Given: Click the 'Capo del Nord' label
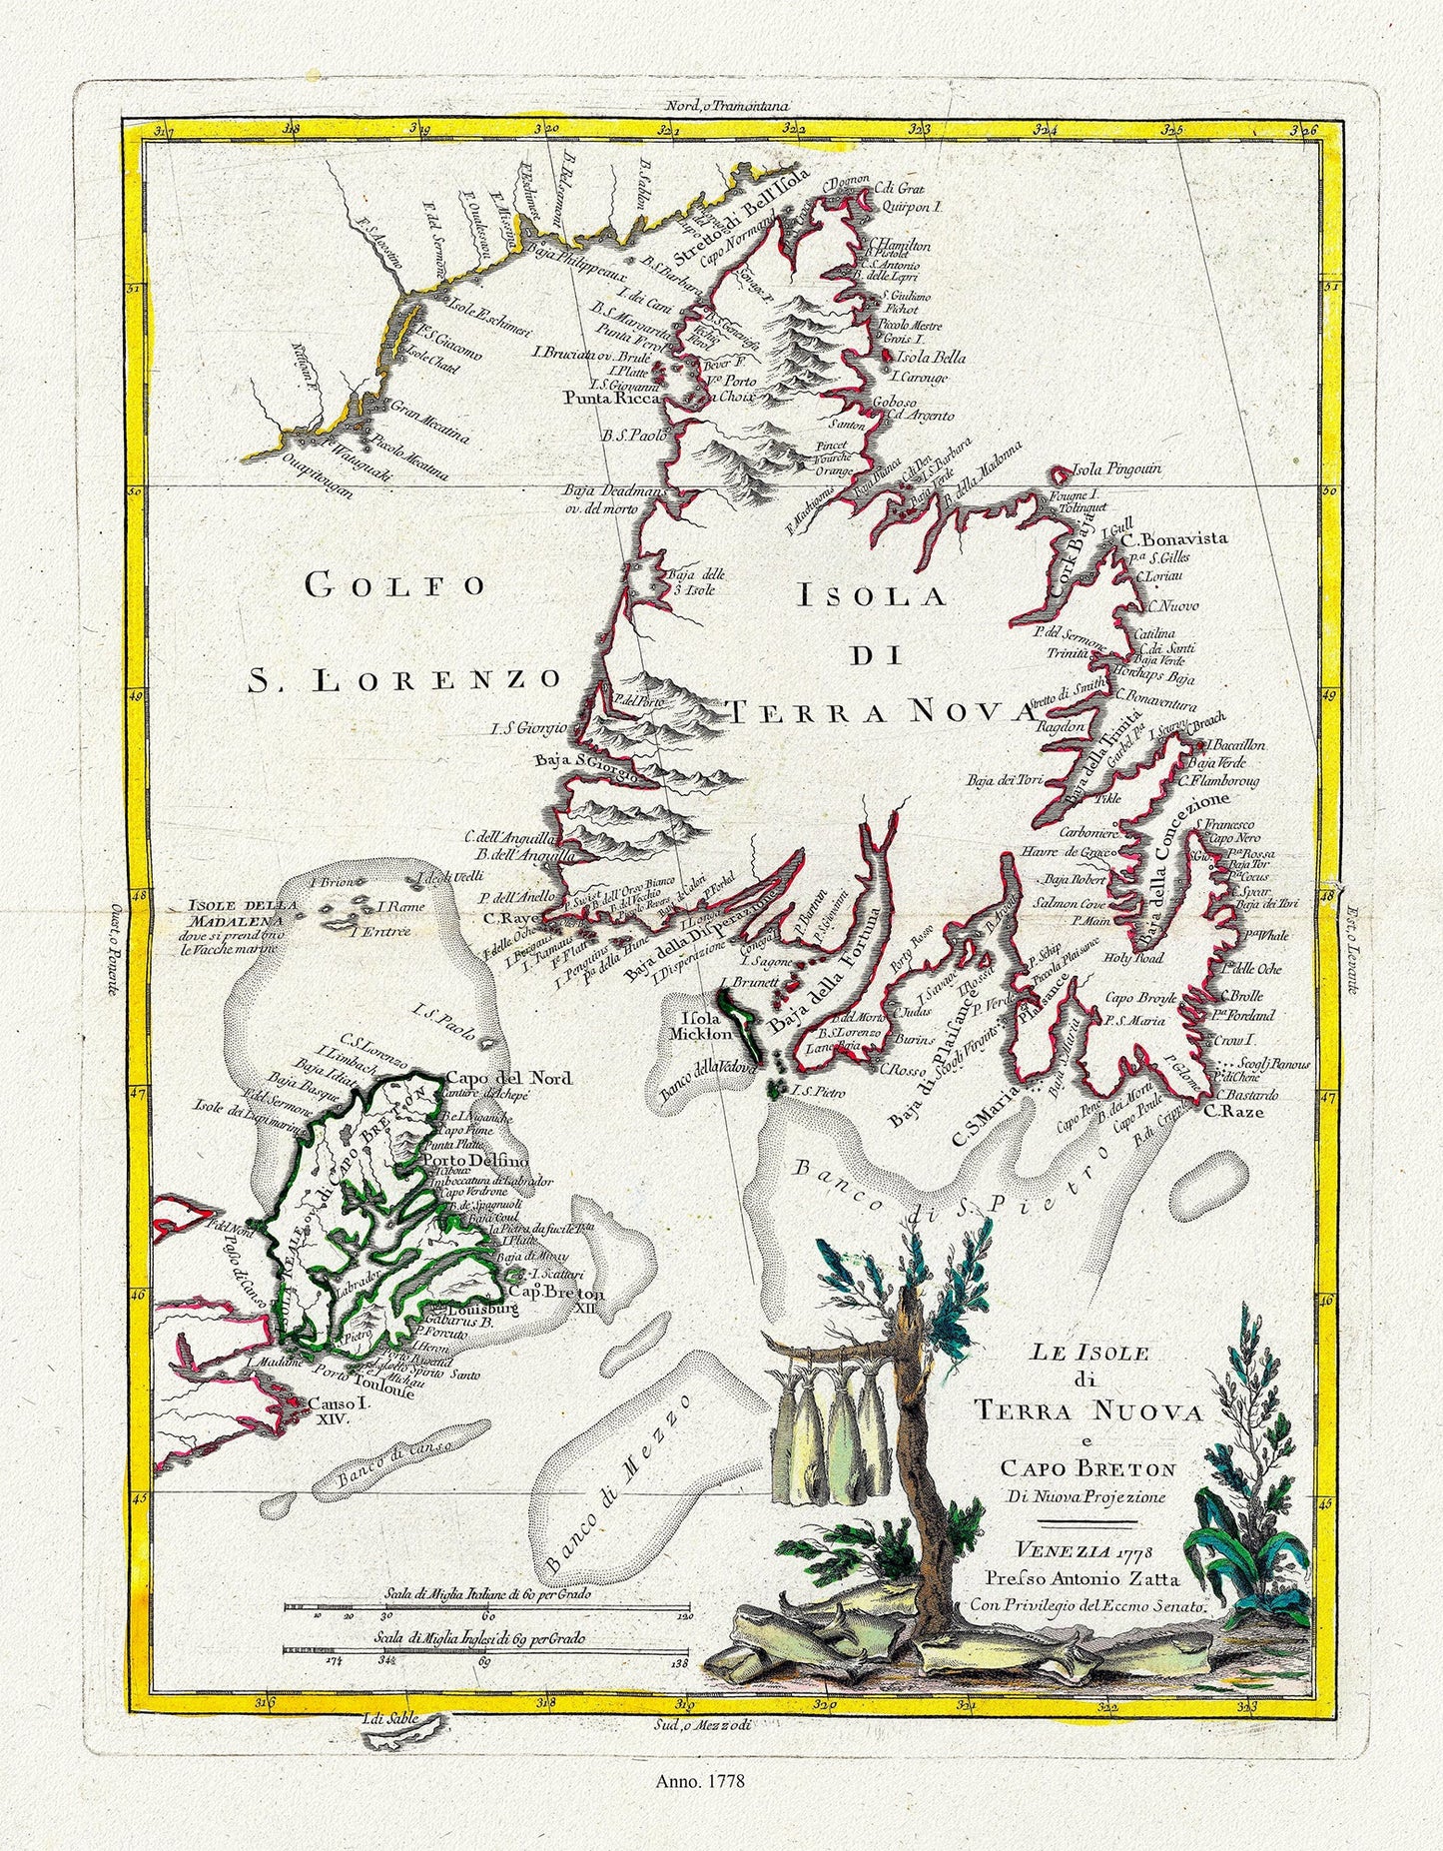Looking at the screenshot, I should pos(508,1078).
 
